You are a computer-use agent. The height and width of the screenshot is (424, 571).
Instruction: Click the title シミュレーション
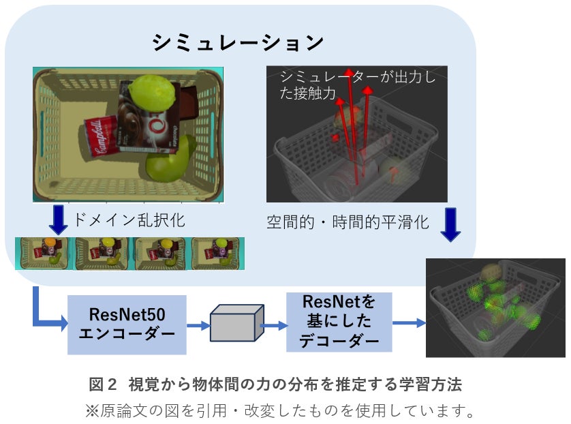coord(238,43)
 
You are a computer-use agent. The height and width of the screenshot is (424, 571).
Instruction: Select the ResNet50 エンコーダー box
coord(127,324)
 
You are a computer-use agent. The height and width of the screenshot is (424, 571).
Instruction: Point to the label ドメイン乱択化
coord(129,220)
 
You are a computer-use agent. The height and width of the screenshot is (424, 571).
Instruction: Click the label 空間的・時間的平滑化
coord(348,222)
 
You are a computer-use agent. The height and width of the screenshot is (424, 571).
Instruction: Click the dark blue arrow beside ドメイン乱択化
coord(59,219)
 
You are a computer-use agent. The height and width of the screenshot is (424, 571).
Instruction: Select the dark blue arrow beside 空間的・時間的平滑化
coord(451,225)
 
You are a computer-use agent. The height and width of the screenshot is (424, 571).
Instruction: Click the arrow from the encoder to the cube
coord(198,326)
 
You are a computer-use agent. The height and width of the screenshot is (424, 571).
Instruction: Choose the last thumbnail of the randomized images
coord(217,252)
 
